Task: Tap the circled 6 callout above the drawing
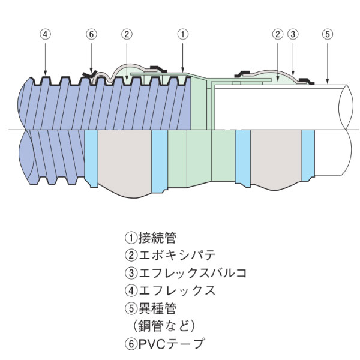point(91,34)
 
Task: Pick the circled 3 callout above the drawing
point(292,34)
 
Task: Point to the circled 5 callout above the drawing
point(327,34)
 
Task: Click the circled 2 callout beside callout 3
point(277,34)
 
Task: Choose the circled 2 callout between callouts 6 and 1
point(126,34)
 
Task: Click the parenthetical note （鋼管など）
point(160,326)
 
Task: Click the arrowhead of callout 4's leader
point(46,74)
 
